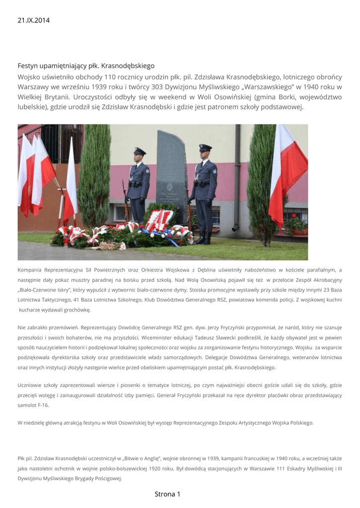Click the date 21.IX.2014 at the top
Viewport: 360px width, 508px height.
34,20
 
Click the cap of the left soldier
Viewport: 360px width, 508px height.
140,151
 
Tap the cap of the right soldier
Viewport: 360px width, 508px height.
205,147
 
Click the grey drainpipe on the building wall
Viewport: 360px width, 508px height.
236,179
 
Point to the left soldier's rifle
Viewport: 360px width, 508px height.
125,196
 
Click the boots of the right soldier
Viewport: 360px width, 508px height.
203,240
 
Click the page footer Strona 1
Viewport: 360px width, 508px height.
167,494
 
